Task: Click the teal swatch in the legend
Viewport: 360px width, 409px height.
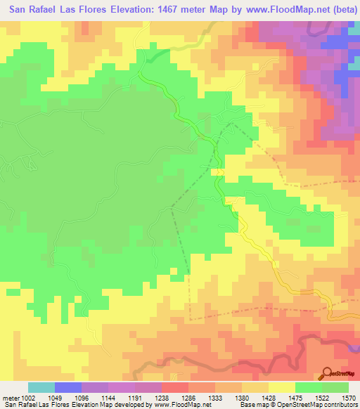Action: tap(41, 387)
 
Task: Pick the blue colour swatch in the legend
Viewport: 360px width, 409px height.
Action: tap(68, 387)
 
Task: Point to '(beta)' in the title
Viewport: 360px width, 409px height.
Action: tap(338, 9)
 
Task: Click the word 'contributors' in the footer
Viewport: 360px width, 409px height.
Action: tap(340, 405)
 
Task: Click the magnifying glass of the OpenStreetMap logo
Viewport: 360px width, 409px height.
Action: tap(328, 373)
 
